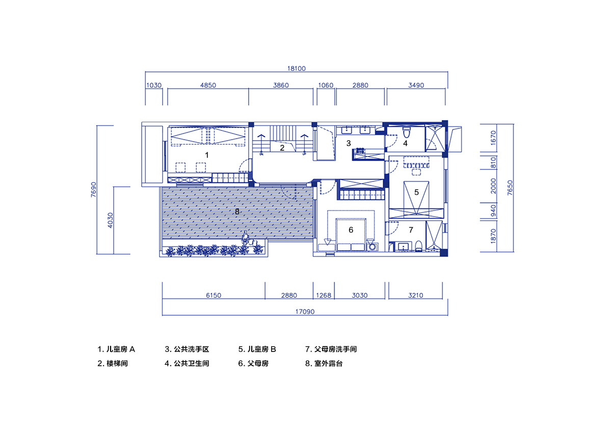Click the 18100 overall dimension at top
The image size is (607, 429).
(x=297, y=68)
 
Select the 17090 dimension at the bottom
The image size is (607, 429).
(x=305, y=311)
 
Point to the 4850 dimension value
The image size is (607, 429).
(x=208, y=85)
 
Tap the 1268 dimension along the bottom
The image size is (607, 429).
(x=324, y=295)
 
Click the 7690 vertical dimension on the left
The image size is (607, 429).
(x=93, y=190)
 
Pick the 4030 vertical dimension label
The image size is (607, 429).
(x=110, y=221)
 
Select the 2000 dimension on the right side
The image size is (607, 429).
(x=493, y=186)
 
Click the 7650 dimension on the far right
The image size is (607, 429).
(x=510, y=188)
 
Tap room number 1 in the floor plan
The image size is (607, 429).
(x=207, y=155)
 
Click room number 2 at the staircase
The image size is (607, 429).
(x=282, y=148)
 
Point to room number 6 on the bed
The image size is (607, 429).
(x=351, y=230)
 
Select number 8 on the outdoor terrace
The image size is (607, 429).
(x=237, y=211)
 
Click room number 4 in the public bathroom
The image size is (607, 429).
(x=405, y=144)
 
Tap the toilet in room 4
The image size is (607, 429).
(x=406, y=132)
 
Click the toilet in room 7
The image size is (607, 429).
(x=418, y=246)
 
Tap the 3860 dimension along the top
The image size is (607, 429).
(x=281, y=85)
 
